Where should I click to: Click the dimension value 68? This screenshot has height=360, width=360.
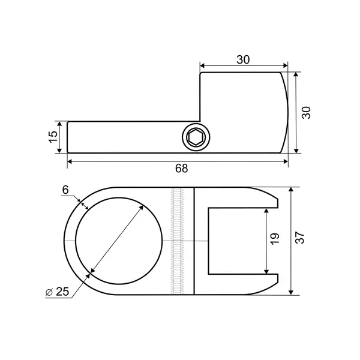(x=181, y=168)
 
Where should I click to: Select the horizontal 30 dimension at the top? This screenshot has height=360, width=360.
(x=243, y=59)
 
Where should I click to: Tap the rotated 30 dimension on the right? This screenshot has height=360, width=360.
(x=306, y=113)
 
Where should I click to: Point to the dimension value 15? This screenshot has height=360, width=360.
(x=53, y=137)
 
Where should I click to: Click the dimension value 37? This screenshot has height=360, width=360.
(x=299, y=238)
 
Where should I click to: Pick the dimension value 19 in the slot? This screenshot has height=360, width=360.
(x=275, y=239)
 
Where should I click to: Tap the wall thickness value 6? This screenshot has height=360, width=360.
(x=65, y=190)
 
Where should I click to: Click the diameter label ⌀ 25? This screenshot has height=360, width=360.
(x=57, y=292)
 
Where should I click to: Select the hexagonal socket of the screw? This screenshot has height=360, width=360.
(x=196, y=137)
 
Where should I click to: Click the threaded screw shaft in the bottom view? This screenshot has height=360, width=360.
(x=177, y=241)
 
